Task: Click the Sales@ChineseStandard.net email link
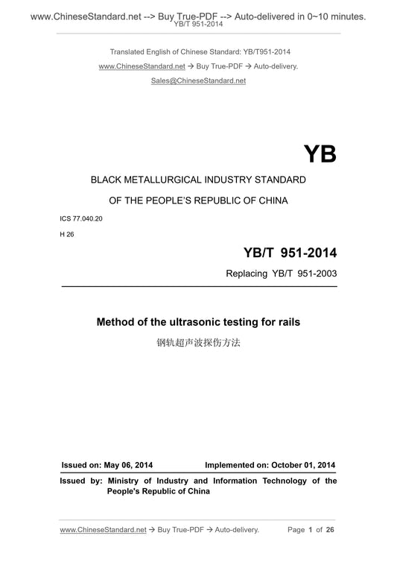click(x=198, y=80)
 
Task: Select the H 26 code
click(x=68, y=233)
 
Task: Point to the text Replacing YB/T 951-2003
click(x=281, y=274)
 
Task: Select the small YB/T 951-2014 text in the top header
click(x=198, y=24)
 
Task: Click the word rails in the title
click(x=287, y=323)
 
